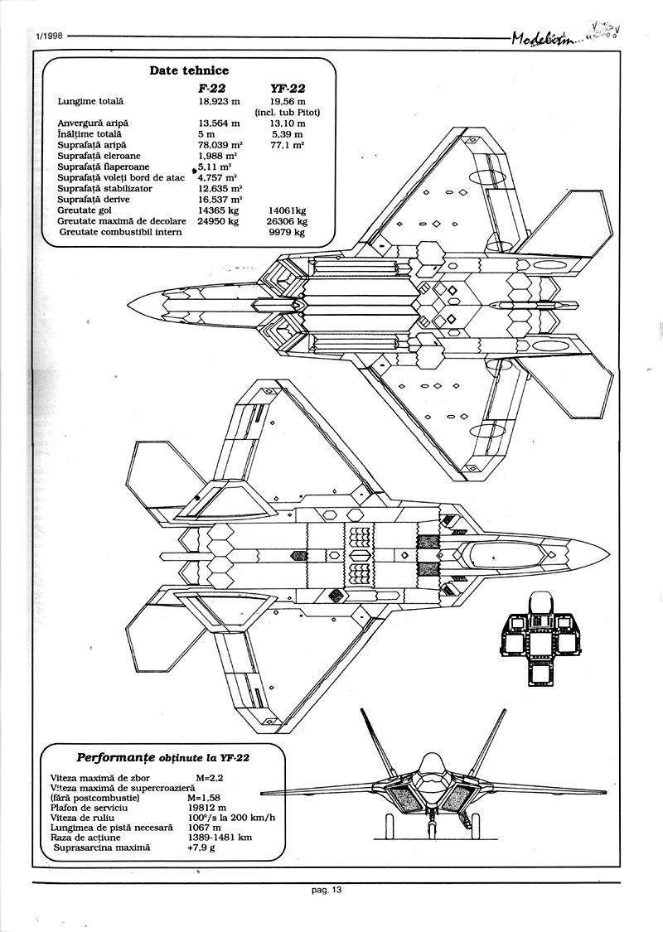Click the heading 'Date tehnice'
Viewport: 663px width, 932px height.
[189, 70]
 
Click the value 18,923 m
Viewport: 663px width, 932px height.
[219, 101]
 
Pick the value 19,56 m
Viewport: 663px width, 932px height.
[288, 101]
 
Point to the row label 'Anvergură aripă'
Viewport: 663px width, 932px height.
[94, 123]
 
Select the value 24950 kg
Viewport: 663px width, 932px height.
[219, 221]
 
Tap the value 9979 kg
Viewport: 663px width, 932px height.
[287, 232]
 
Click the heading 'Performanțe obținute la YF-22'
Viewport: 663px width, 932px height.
[163, 756]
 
